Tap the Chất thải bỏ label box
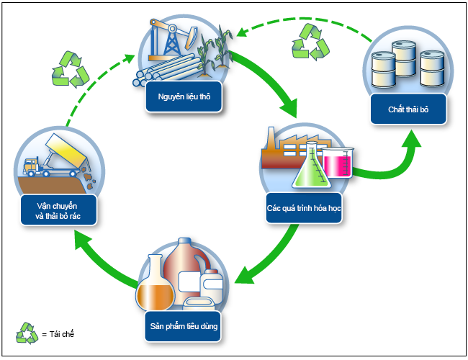(409, 109)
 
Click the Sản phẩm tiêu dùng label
(184, 326)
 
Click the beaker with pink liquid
(336, 162)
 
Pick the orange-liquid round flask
(154, 285)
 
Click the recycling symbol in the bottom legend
(27, 333)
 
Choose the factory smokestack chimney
(272, 141)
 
